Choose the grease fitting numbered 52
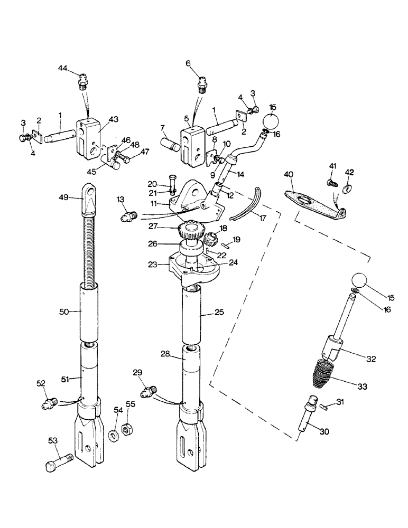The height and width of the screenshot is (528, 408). [x=49, y=404]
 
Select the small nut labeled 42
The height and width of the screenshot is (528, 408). [x=348, y=189]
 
